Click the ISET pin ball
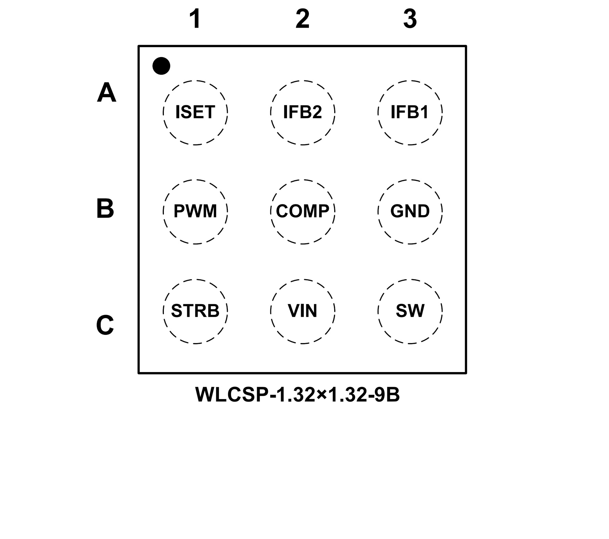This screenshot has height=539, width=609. (195, 113)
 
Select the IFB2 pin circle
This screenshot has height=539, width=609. (302, 113)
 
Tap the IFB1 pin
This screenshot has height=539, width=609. (410, 113)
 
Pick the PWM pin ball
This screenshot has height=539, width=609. (195, 211)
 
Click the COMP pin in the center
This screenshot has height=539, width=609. (302, 211)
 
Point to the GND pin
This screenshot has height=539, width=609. (410, 211)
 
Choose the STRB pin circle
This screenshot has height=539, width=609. (195, 311)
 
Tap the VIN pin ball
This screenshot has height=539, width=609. (302, 311)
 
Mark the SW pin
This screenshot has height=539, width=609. (410, 311)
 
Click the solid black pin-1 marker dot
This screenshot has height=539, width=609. (161, 66)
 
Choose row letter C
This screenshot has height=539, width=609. (105, 325)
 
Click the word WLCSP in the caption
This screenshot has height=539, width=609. (232, 395)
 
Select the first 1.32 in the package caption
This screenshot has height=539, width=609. (295, 395)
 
